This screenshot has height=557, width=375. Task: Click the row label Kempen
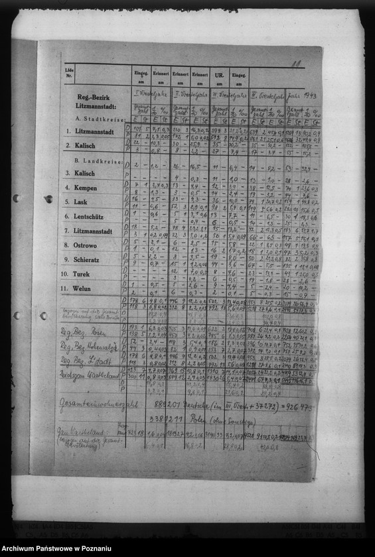(x=86, y=188)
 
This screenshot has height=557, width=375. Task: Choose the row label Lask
(x=81, y=202)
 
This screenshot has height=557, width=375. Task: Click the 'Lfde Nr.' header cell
(x=69, y=71)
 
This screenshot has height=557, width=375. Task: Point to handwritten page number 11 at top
(x=296, y=64)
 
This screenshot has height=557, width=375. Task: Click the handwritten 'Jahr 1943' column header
(x=302, y=95)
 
